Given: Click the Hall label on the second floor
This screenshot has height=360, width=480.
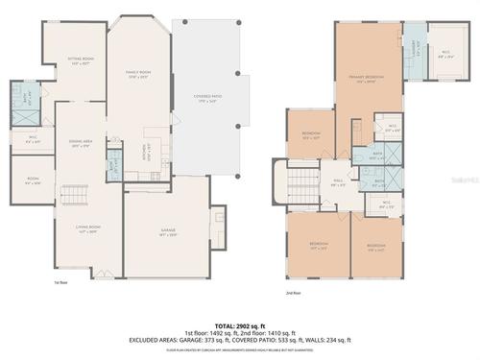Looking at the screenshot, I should coord(339,182).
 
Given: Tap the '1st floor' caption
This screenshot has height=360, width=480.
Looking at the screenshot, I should coord(60,282).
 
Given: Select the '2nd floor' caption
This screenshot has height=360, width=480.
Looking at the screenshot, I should coord(293,292).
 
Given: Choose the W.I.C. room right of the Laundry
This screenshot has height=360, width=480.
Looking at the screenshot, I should coord(445,55).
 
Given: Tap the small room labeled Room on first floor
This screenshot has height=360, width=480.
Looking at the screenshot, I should coord(32,180).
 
